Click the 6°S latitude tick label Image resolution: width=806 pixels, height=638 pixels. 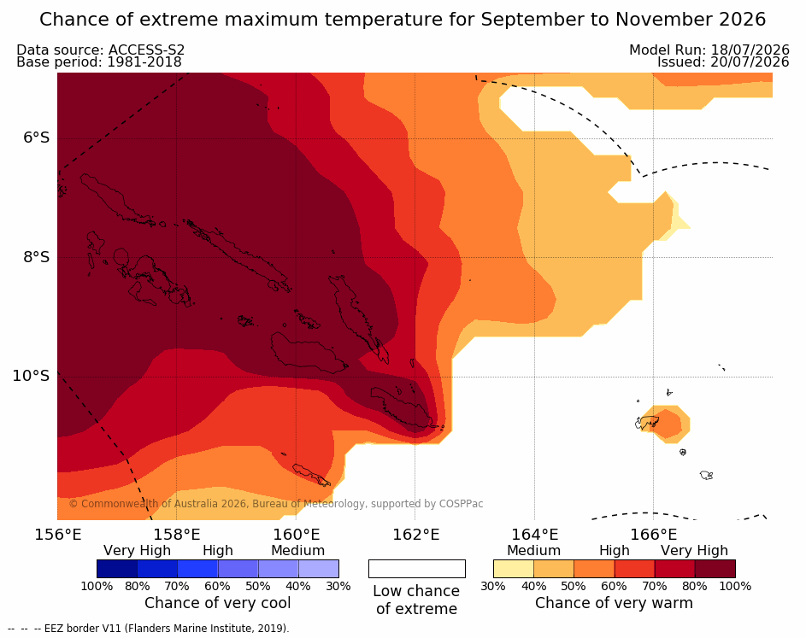point(36,138)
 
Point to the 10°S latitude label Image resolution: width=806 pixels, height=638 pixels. point(31,376)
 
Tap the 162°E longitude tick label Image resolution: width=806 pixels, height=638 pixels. point(416,535)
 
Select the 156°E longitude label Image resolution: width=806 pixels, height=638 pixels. point(58,535)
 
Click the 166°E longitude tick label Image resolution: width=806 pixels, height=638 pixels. point(654,535)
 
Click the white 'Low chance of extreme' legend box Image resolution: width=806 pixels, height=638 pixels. point(417,569)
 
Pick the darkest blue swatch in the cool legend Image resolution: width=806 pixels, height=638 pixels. point(117,569)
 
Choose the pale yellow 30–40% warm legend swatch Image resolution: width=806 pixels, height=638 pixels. point(514,569)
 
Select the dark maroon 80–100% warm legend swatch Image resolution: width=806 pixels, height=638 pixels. point(715,569)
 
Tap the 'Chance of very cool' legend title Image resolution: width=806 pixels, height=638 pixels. point(217,603)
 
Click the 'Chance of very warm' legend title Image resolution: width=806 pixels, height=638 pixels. point(614,603)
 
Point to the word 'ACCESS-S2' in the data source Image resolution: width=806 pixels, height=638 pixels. point(146,50)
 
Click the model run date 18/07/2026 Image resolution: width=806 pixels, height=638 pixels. point(750,50)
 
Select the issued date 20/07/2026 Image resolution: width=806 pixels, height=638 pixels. point(750,62)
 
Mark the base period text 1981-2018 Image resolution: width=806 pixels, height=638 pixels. point(144,62)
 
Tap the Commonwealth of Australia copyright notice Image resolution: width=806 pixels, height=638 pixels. point(276,504)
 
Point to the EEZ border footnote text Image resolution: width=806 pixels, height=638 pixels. point(149,629)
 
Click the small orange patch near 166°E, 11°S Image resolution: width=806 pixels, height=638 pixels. point(666,424)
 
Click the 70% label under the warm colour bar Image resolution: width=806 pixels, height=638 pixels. point(655,586)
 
